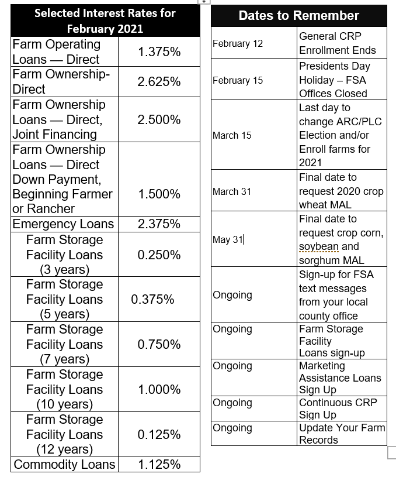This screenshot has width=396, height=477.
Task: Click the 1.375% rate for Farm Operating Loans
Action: point(159,52)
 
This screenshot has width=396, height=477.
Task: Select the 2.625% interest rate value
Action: point(159,82)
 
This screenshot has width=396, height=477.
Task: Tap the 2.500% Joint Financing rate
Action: point(159,119)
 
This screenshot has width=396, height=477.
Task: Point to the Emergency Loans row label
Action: point(64,224)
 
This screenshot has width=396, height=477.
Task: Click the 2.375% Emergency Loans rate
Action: point(159,224)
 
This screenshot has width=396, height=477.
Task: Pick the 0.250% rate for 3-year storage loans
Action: point(159,255)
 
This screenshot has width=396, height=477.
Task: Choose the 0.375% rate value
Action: point(152,300)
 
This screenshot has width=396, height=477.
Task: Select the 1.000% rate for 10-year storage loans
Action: point(159,390)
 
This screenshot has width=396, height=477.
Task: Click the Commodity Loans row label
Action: point(64,465)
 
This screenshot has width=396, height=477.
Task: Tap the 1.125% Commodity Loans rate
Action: point(159,465)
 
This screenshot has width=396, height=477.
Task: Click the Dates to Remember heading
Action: point(298,16)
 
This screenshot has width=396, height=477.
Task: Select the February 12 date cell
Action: point(238,43)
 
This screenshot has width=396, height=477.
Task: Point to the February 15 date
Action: point(238,80)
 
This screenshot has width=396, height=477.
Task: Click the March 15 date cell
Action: point(232,135)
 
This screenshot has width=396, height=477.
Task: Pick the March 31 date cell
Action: point(232,191)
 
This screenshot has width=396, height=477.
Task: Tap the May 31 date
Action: point(228,239)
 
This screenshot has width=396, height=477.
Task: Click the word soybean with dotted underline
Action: point(317,247)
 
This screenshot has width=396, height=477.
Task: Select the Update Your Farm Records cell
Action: point(342,434)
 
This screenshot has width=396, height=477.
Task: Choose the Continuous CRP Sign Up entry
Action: point(338,409)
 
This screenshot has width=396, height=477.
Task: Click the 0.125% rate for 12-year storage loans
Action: point(159,435)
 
